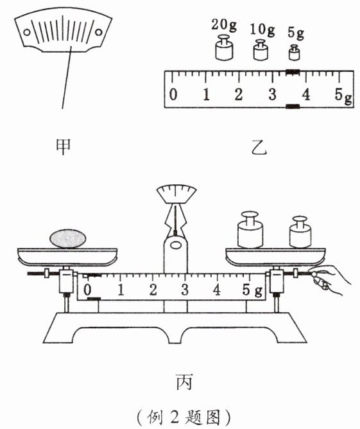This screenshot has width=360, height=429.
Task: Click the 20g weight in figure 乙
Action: click(x=224, y=48)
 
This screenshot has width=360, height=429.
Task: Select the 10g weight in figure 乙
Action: click(x=261, y=50)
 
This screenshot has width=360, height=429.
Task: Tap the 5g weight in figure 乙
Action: click(x=294, y=53)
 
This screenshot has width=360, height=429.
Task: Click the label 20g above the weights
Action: click(x=223, y=25)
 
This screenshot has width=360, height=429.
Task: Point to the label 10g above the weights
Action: click(x=262, y=30)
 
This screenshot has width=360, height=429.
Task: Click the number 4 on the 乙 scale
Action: click(x=306, y=94)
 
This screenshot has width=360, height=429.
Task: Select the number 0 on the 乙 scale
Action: click(x=173, y=94)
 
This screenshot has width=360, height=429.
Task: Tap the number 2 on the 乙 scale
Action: click(x=239, y=94)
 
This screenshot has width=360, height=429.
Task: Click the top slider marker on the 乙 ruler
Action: click(x=293, y=72)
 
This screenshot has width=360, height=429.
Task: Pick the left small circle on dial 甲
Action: click(x=27, y=32)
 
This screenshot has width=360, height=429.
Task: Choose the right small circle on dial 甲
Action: click(x=99, y=32)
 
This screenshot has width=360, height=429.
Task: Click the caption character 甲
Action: click(x=63, y=146)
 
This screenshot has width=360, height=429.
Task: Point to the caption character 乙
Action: click(x=259, y=147)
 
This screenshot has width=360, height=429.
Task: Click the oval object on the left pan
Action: click(x=68, y=238)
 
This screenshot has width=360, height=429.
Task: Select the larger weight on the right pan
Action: click(x=250, y=229)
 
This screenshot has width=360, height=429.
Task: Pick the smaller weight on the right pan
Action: click(x=300, y=232)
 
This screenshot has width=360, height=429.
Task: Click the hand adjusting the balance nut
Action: click(x=329, y=279)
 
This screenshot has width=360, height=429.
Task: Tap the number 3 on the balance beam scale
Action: click(x=185, y=290)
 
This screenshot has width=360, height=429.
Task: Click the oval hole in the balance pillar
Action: click(x=175, y=245)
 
